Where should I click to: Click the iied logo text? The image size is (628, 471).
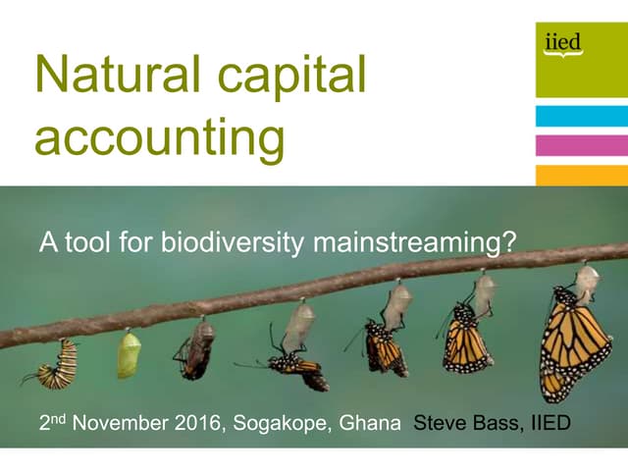point(562,42)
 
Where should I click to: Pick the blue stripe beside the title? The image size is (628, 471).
point(581,117)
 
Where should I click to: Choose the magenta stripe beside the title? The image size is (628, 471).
point(581,145)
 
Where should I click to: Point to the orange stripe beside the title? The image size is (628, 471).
point(581,175)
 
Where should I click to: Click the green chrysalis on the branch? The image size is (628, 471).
point(129,354)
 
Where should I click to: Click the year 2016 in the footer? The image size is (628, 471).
point(202,425)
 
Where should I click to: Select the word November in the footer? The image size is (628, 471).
point(125,425)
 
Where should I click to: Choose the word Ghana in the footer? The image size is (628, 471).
point(376,425)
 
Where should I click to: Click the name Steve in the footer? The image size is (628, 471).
point(442,425)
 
